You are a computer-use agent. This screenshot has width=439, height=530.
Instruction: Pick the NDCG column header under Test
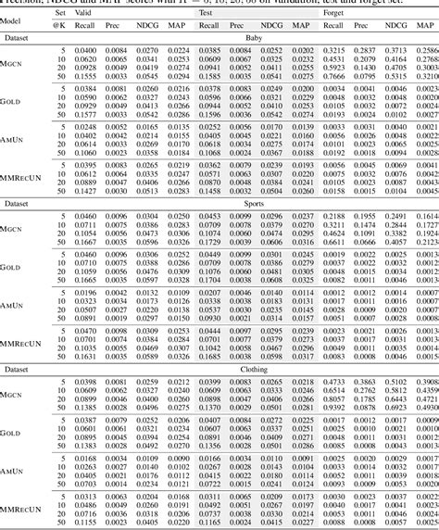tap(270, 28)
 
